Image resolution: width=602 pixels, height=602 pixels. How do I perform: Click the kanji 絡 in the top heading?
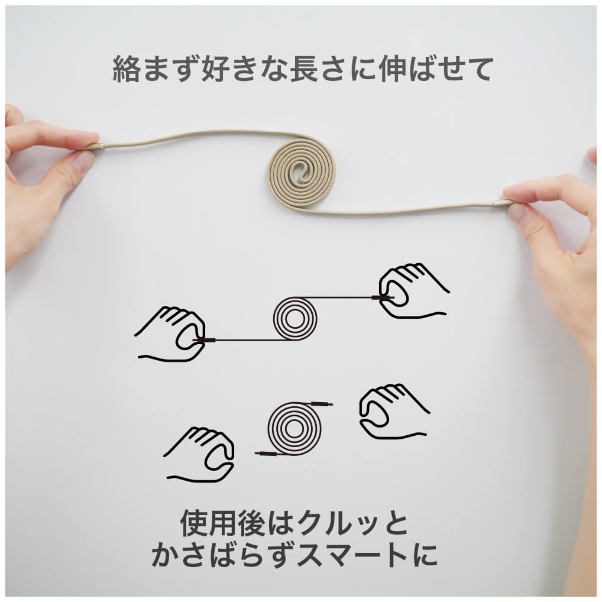pos(125,69)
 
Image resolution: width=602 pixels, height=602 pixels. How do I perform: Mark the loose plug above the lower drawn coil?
pos(322,403)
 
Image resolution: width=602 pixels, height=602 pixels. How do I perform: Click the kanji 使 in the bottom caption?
pos(195,523)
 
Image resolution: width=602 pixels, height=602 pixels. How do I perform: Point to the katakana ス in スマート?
pos(310,554)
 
